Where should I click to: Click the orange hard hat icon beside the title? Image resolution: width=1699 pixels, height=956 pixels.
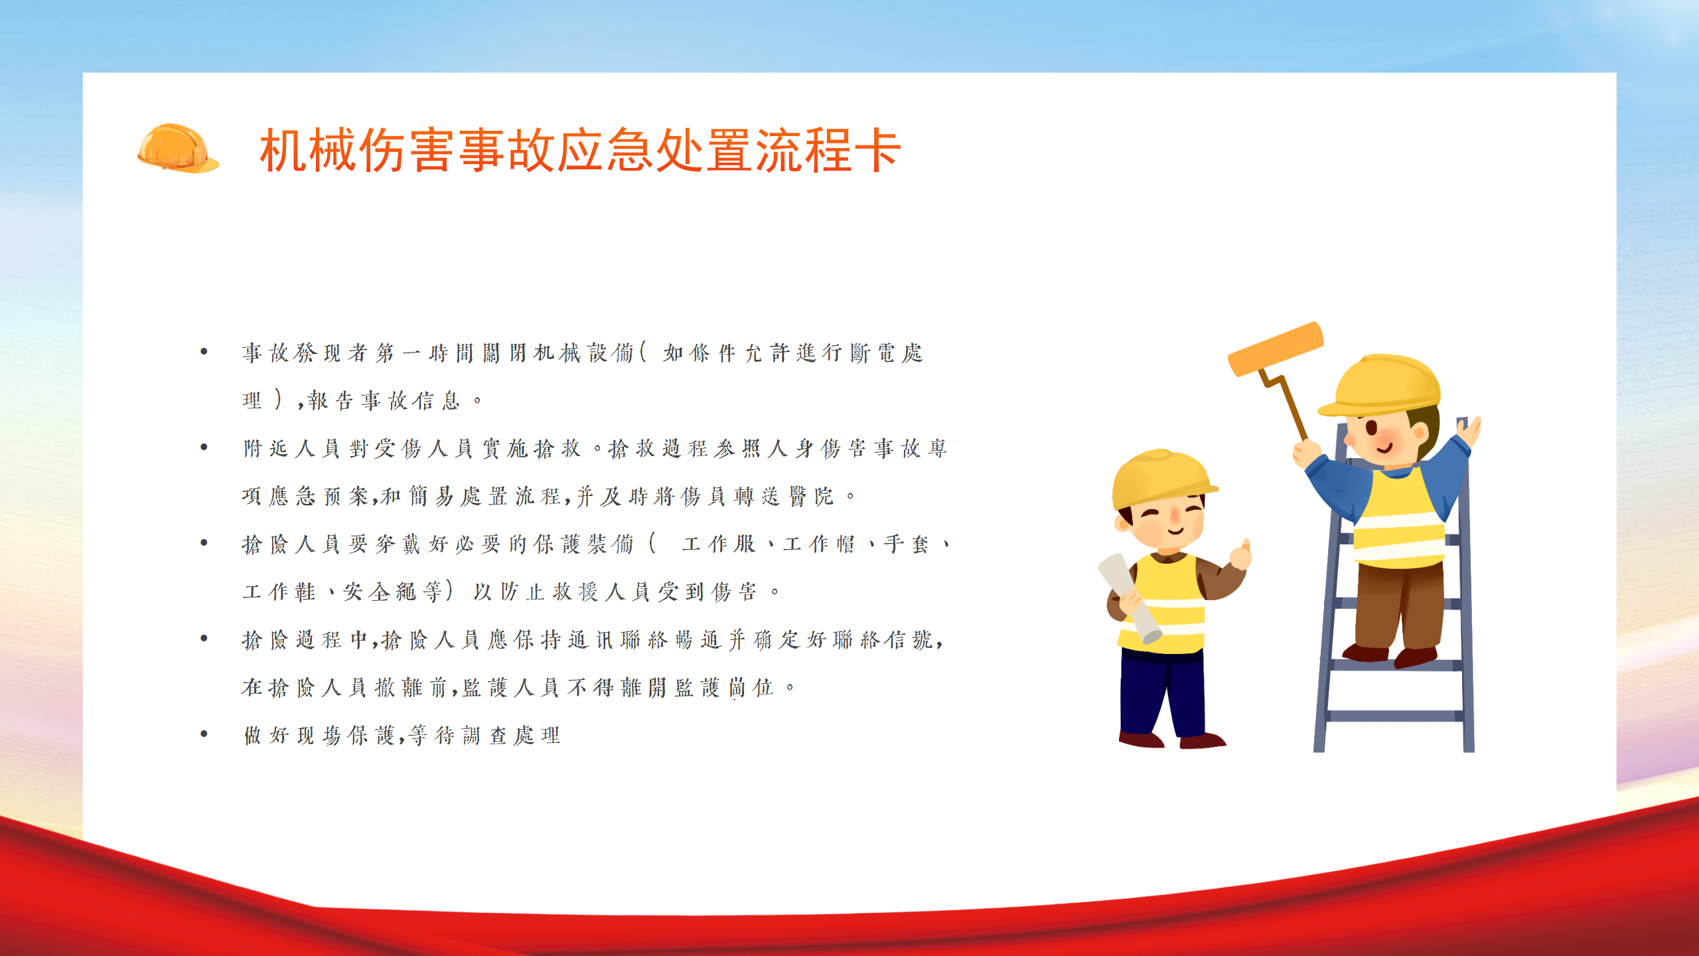(178, 148)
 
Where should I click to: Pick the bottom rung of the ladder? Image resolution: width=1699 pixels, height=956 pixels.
(1394, 716)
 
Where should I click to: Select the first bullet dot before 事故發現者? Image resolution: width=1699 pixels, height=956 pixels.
(204, 351)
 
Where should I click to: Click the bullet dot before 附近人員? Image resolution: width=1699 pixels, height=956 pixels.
(204, 447)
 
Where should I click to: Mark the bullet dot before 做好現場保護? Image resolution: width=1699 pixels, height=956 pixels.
(204, 734)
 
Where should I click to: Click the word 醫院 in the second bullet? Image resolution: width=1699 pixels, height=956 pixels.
(811, 496)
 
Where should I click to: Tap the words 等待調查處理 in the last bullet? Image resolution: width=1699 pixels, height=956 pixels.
(484, 735)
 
